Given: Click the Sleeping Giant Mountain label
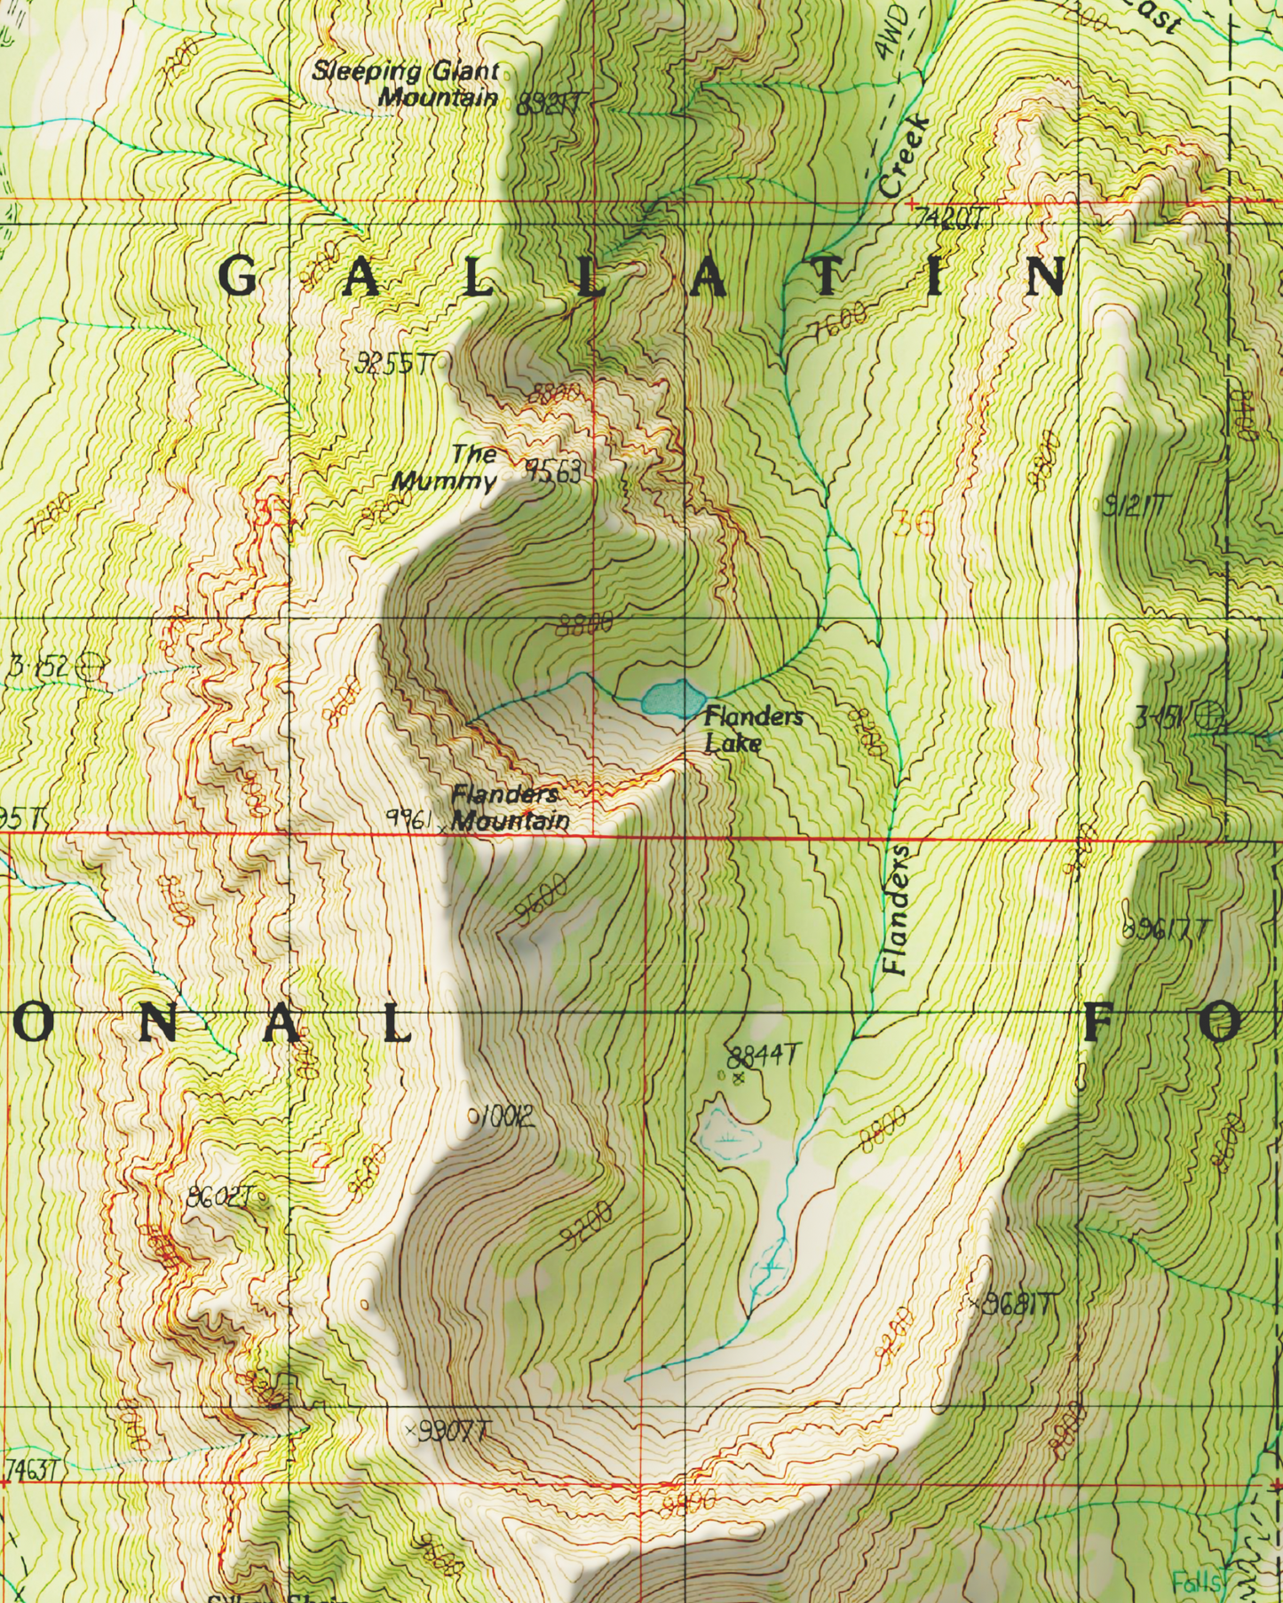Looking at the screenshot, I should coord(405,84).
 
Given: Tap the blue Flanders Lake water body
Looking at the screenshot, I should coord(665,699).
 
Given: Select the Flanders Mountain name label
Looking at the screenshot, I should coord(510,807).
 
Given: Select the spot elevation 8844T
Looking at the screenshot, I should coord(763,1056).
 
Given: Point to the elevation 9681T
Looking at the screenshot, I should coord(1017,1305).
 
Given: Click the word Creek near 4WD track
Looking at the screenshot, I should coord(904,157).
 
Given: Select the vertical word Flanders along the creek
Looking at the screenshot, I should coord(897,909).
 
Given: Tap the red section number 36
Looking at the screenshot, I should coord(915,524).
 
